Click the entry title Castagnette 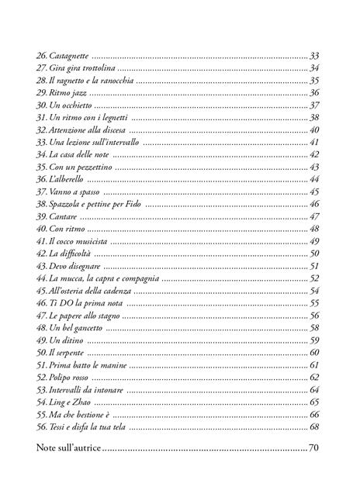pos(68,56)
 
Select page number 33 pos(315,56)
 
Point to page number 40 pos(315,129)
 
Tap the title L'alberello pos(67,179)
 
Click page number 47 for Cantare pos(315,216)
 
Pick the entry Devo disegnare pos(74,266)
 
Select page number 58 pos(315,328)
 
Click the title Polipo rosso pos(70,378)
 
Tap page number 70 pos(314,448)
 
